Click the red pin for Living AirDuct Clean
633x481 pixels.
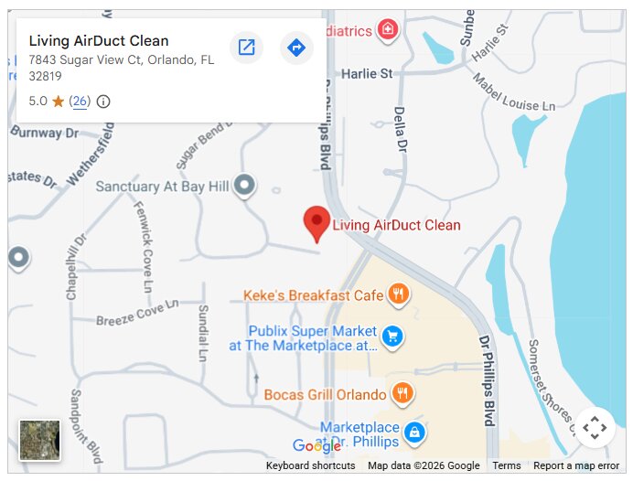click(316, 222)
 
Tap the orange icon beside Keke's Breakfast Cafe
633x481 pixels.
click(398, 294)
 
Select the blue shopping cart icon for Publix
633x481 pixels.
click(392, 337)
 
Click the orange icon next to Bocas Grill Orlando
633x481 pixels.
click(402, 394)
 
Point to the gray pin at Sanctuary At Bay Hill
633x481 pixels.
click(243, 186)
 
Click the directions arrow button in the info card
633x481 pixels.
click(295, 48)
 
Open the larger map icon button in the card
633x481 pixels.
click(246, 48)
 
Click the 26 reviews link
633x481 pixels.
click(80, 102)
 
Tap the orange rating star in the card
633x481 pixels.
click(59, 102)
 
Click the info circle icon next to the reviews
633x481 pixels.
click(103, 102)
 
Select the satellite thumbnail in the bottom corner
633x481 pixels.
click(40, 440)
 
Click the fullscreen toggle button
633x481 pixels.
click(595, 427)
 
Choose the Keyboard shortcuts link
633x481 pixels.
click(310, 465)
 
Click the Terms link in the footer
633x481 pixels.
click(506, 465)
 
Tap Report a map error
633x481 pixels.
click(576, 465)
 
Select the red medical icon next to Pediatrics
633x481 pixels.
click(388, 30)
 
